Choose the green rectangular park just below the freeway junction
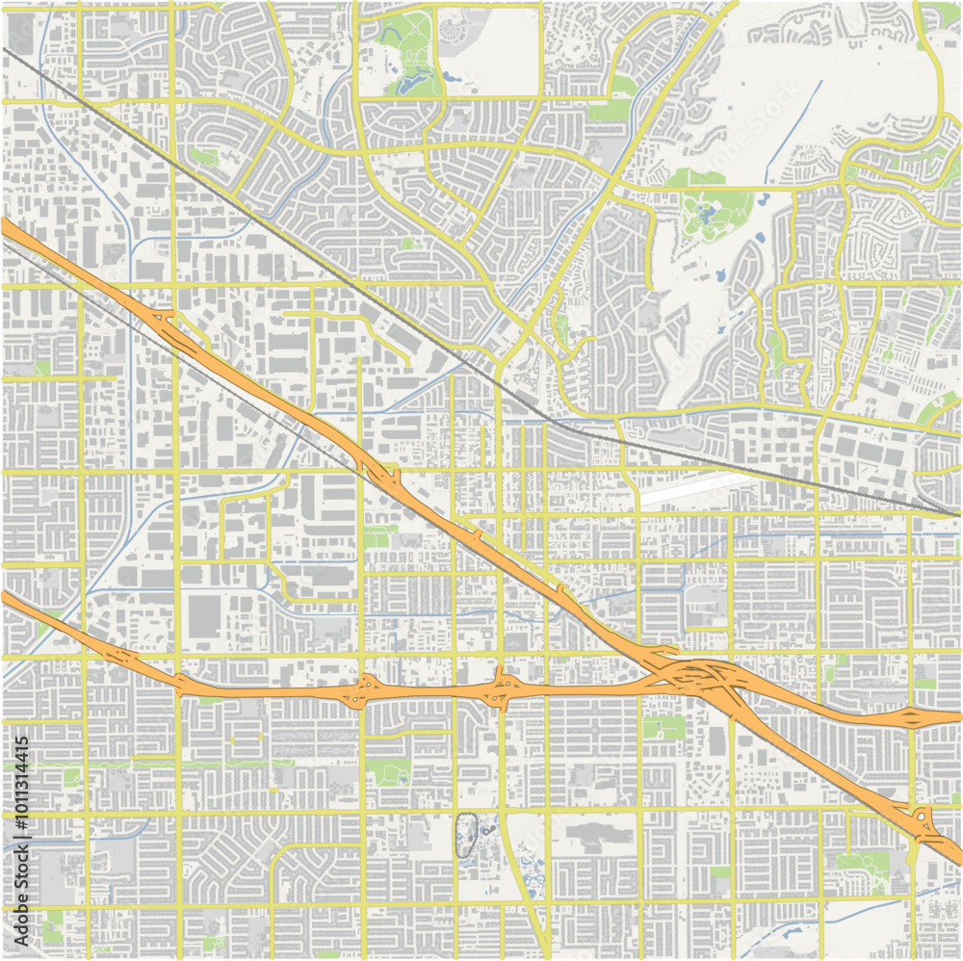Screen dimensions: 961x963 (664, 727)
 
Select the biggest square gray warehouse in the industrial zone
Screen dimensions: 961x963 (204, 616)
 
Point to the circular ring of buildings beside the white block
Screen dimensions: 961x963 (452, 29)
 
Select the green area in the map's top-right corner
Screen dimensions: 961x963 (939, 14)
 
